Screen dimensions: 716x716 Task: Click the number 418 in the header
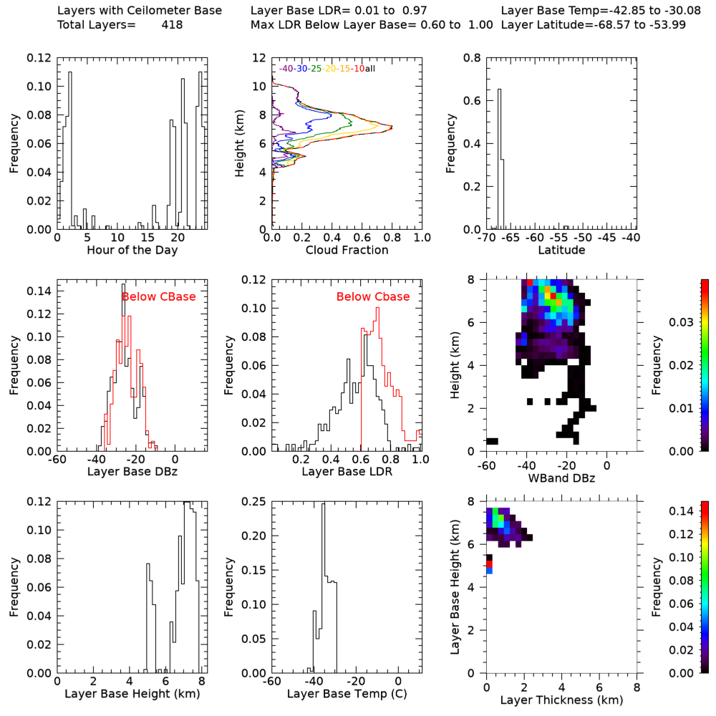tap(172, 25)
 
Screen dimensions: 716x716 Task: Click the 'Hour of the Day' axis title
tap(132, 251)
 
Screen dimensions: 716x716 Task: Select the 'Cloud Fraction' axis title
tap(347, 251)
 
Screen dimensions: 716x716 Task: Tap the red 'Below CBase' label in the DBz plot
tap(158, 296)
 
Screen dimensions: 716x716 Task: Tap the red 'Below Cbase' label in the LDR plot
tap(373, 296)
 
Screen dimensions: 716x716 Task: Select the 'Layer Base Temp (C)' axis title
tap(347, 694)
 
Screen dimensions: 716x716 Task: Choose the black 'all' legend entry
tap(370, 69)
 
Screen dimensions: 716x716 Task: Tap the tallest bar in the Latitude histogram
tap(499, 158)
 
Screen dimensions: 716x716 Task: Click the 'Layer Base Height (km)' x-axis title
tap(132, 694)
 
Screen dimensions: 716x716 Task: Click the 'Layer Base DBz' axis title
tap(132, 473)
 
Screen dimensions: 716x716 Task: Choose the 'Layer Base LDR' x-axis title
tap(347, 473)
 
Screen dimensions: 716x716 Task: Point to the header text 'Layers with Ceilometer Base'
tap(140, 11)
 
